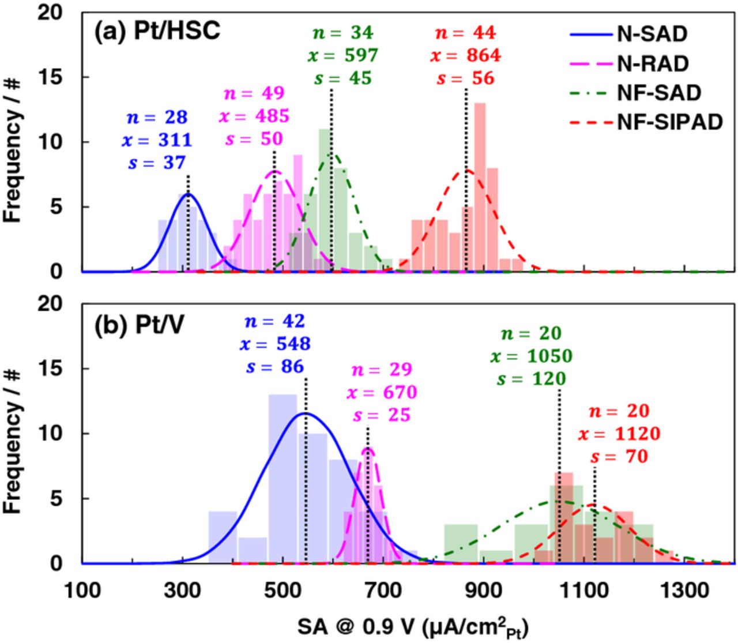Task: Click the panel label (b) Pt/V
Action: point(140,326)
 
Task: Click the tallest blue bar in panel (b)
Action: point(283,479)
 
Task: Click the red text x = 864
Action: point(465,55)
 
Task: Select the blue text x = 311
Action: point(157,140)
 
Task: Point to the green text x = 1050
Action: point(531,356)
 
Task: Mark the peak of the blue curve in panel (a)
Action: point(187,194)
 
